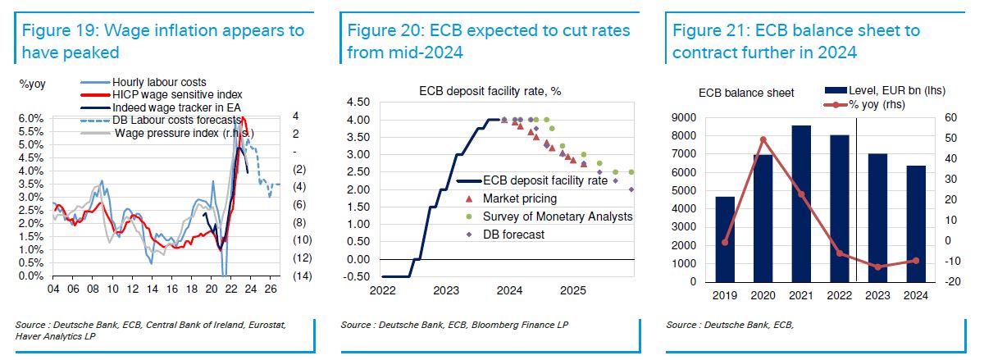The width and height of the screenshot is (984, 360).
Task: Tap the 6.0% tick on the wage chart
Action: point(30,119)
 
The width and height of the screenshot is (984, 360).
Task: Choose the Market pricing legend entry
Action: point(520,198)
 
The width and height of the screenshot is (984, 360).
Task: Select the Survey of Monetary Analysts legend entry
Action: point(558,216)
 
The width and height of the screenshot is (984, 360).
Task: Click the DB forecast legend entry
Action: point(513,235)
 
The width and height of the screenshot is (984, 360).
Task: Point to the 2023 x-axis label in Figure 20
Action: point(446,290)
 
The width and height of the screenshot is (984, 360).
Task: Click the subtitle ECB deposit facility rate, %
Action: point(490,90)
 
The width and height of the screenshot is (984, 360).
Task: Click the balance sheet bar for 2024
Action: point(917,223)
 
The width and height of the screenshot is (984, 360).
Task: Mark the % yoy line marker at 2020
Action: point(763,139)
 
